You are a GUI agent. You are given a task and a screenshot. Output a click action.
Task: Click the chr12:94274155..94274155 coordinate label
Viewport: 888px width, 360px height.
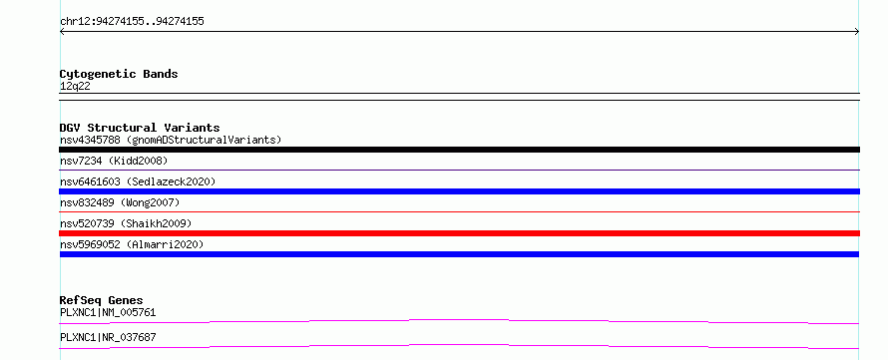[132, 22]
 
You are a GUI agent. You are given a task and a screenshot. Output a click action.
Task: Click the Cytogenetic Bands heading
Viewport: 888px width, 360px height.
[119, 74]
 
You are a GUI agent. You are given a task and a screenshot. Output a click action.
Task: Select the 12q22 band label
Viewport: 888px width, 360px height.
[75, 87]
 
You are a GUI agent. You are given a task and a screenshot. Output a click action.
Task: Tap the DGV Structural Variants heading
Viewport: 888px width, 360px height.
[140, 128]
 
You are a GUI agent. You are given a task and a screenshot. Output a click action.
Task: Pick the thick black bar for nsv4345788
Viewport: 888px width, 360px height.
[459, 150]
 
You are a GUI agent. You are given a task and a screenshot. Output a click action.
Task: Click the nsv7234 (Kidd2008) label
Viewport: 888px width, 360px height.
[114, 162]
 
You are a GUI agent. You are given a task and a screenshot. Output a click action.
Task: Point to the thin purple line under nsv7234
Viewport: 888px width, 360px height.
[459, 170]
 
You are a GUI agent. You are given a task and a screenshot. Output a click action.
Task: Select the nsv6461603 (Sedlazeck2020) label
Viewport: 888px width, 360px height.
[138, 181]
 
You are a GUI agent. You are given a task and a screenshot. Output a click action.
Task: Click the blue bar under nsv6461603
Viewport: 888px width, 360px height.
[459, 191]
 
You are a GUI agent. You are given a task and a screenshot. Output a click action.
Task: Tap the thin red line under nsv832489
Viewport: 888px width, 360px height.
[459, 211]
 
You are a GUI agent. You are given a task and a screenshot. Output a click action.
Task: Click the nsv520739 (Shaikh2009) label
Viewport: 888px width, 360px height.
[126, 223]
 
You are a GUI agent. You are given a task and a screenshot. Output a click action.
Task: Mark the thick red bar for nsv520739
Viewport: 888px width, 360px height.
[459, 233]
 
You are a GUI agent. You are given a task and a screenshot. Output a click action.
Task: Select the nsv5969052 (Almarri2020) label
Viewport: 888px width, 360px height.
[132, 244]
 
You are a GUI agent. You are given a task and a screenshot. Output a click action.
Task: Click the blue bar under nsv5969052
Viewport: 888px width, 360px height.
[459, 254]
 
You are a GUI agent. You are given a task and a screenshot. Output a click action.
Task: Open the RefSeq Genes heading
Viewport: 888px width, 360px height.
[102, 300]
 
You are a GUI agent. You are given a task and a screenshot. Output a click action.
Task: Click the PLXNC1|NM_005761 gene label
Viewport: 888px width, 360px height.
[108, 312]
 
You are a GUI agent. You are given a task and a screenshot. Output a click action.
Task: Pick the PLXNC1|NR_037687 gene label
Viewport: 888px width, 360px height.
[108, 337]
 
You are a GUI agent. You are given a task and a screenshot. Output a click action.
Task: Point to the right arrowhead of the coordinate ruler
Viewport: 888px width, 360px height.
[858, 32]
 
